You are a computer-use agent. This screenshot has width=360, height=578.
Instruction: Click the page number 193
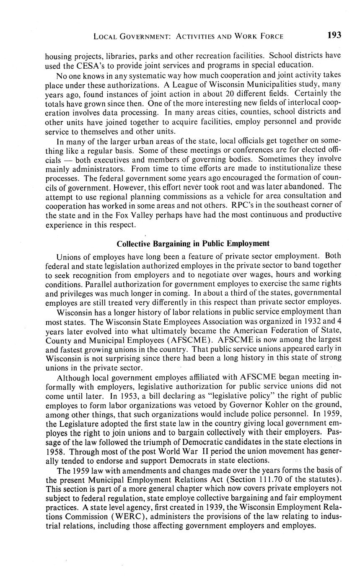click(x=334, y=35)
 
